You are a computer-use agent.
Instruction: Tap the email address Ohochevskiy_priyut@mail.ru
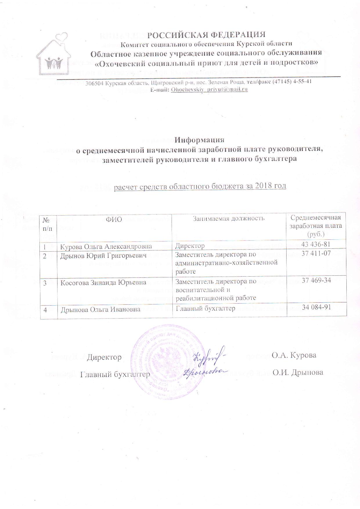tap(209, 89)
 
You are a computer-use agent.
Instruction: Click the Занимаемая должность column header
tap(229, 218)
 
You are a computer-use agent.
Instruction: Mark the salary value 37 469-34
tap(316, 280)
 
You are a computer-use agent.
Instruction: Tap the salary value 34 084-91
tap(316, 307)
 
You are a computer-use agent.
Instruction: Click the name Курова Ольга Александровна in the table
tap(106, 247)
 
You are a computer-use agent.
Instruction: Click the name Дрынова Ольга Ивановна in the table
tap(100, 309)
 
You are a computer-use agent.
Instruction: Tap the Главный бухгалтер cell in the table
tap(206, 308)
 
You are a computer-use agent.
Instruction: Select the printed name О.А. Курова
tap(294, 355)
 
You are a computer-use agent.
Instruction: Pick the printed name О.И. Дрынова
tap(298, 373)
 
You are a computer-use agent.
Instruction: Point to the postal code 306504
tap(95, 83)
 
